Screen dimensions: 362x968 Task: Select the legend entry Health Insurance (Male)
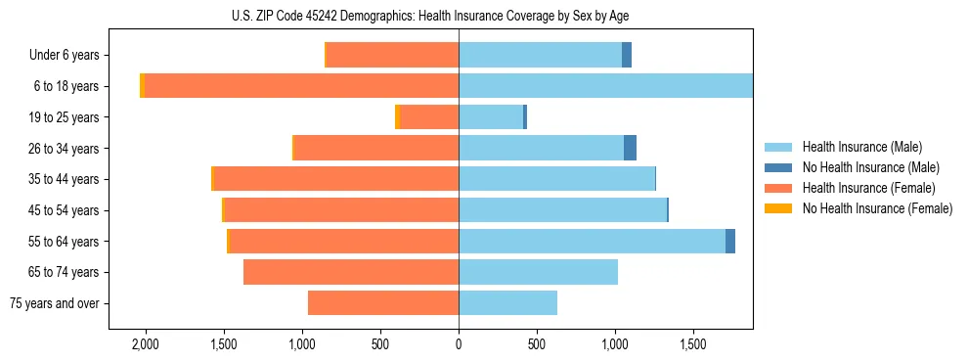(861, 147)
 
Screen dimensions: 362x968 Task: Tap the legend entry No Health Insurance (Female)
(877, 208)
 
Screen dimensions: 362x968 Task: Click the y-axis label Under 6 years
(65, 56)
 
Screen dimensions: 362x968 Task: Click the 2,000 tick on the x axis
(145, 345)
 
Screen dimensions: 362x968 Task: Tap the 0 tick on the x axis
(459, 345)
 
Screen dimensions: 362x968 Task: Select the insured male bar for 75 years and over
(507, 303)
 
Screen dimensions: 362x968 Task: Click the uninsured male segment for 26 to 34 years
(631, 148)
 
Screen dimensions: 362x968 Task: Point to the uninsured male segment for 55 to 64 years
(730, 241)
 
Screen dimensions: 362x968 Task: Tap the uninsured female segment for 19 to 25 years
(397, 117)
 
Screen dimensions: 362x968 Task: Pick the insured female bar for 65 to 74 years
(351, 272)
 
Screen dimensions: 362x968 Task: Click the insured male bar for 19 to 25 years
(491, 117)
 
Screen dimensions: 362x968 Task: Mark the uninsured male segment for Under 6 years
(627, 56)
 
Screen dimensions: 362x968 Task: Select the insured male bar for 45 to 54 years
(562, 210)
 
